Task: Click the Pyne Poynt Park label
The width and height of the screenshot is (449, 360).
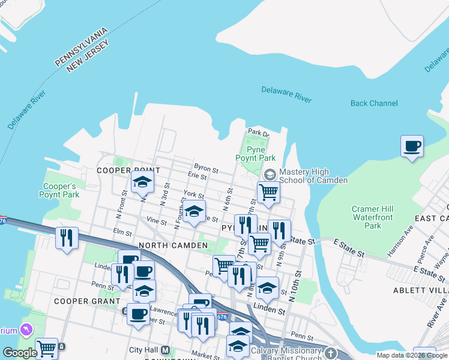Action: click(259, 153)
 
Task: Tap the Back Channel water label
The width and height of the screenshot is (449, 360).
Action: click(374, 103)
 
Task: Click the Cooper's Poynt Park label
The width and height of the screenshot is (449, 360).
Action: click(59, 190)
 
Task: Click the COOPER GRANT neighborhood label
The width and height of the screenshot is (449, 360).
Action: click(81, 301)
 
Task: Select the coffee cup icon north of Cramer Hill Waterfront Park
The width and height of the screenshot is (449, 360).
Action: click(412, 146)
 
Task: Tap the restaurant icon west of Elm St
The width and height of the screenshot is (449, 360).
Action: click(67, 238)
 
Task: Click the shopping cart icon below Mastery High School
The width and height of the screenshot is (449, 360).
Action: click(268, 193)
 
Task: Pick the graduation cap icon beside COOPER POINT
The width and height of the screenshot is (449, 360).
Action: click(142, 182)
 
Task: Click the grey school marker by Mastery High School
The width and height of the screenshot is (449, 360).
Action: click(270, 175)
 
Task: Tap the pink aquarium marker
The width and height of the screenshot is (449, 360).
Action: click(26, 329)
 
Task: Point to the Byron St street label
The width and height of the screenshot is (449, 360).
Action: click(205, 167)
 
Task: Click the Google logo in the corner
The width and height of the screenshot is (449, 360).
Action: click(20, 353)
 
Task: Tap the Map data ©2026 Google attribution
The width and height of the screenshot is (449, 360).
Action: click(411, 355)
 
